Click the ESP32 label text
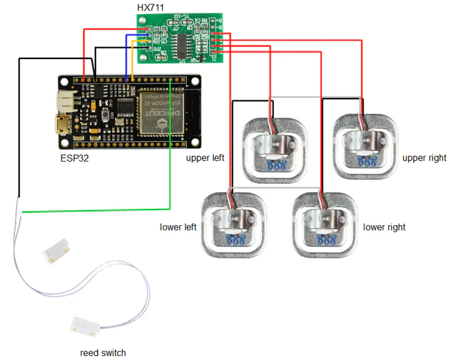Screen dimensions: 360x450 76,157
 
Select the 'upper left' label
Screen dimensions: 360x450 205,158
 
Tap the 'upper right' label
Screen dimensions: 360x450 424,158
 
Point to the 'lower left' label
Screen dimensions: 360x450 178,227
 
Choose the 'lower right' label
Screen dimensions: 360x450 384,227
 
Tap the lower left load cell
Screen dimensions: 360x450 233,223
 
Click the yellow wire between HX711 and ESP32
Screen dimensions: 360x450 133,62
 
